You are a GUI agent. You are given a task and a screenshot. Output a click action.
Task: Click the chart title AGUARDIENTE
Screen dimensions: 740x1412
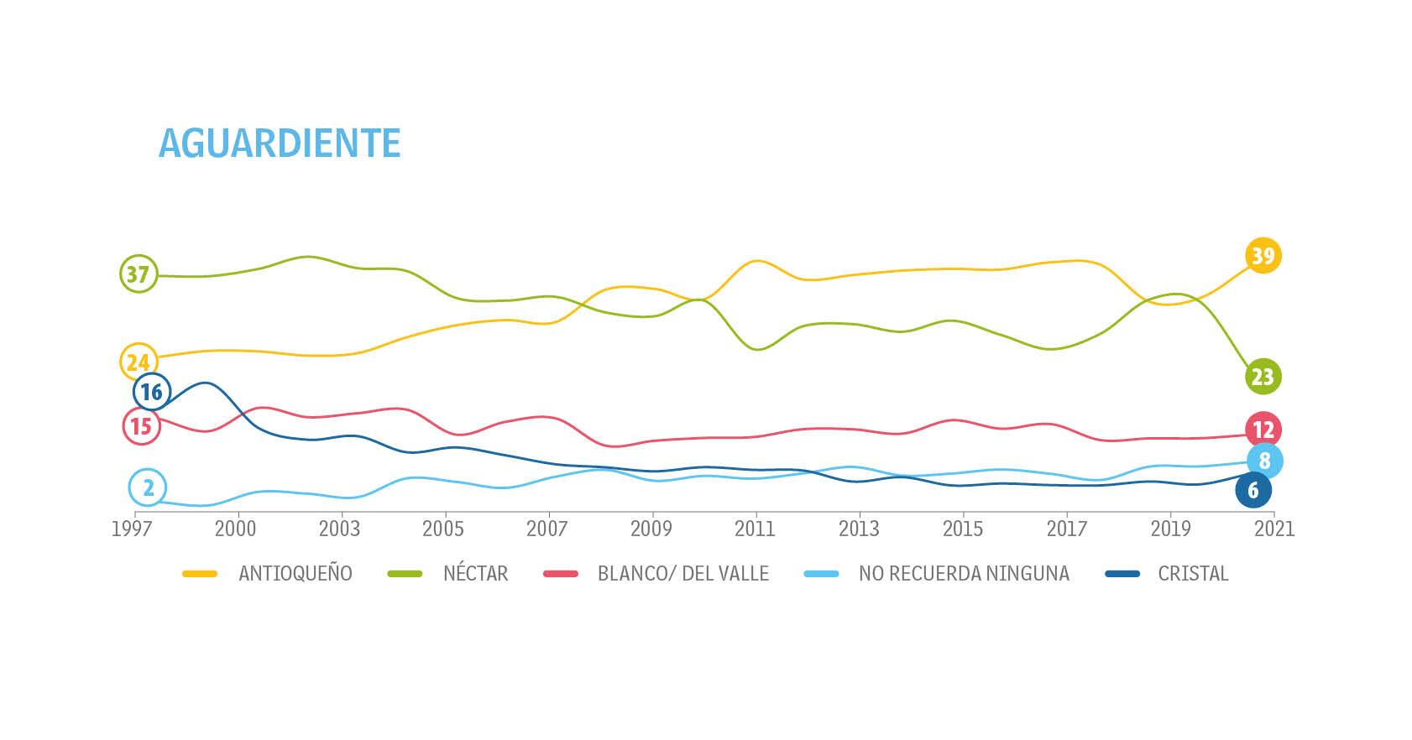click(279, 143)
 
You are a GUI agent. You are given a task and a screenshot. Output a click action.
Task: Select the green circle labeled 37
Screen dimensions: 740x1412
click(139, 274)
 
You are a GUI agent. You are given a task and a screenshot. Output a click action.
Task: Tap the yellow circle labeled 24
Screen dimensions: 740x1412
click(139, 362)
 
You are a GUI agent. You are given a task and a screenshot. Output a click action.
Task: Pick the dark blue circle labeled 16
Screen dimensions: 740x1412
click(152, 392)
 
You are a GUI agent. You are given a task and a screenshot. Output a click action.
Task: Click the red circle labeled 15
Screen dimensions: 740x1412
click(142, 426)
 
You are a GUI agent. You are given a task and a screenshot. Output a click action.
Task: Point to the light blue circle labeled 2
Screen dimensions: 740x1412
click(148, 487)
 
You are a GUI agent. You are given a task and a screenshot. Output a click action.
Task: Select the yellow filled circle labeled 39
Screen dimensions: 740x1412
click(1263, 255)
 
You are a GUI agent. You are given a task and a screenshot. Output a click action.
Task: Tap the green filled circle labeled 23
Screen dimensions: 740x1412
click(1263, 377)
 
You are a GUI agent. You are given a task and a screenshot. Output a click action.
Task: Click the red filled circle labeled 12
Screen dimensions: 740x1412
click(1263, 430)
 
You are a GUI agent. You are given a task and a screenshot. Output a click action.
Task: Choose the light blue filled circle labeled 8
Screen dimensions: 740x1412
click(1264, 461)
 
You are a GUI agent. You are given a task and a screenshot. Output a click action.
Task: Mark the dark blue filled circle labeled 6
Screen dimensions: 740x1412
click(1253, 490)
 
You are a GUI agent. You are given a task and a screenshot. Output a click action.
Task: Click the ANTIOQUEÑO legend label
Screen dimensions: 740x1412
click(295, 574)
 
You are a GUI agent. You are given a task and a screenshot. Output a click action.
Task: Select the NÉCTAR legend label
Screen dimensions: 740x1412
click(475, 574)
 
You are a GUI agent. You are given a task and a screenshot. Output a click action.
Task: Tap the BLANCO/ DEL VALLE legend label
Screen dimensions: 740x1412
click(683, 574)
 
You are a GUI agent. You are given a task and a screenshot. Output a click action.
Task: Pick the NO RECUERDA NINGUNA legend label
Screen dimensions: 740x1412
click(964, 574)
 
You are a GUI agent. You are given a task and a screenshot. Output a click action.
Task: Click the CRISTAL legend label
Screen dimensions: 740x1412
click(1193, 574)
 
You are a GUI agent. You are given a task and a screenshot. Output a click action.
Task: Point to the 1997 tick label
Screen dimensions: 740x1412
click(133, 529)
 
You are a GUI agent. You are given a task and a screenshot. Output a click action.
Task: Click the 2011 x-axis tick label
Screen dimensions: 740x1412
click(755, 529)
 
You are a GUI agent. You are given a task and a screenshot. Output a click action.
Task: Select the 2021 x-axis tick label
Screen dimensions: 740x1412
click(1274, 529)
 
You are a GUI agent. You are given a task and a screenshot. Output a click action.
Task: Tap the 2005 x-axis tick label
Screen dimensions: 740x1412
click(443, 529)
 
